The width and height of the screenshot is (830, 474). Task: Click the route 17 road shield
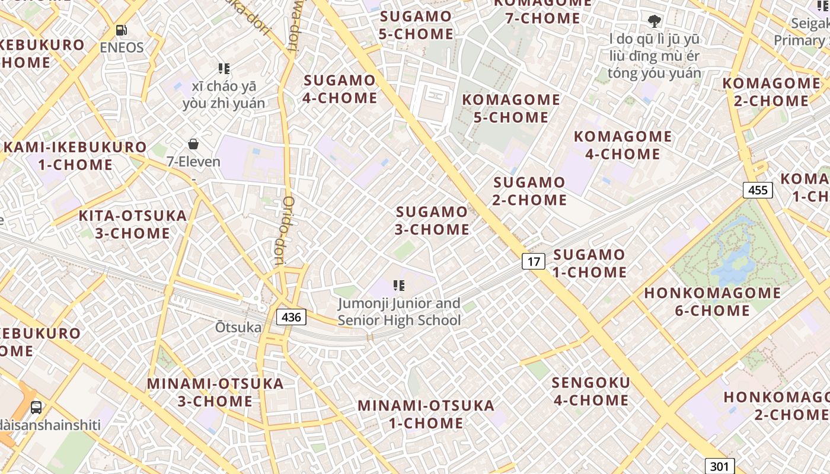pos(534,261)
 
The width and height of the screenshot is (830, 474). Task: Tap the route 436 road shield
pos(291,317)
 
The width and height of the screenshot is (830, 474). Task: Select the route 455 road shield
pos(758,190)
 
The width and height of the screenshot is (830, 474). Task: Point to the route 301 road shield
pos(720,466)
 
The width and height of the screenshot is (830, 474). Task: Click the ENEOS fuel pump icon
pos(121,30)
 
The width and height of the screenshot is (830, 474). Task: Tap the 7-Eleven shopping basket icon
pos(193,144)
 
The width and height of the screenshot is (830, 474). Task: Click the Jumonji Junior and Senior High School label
pos(399,312)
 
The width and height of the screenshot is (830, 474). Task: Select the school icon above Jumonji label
pos(399,286)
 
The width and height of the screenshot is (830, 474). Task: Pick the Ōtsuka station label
pos(238,327)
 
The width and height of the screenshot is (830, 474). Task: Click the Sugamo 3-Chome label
pos(432,220)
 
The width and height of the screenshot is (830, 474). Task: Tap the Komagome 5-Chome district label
pos(510,108)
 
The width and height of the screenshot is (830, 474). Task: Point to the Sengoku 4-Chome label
pos(590,391)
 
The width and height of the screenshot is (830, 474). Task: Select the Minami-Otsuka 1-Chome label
pos(426,414)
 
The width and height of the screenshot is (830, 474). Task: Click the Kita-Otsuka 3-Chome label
pos(133,224)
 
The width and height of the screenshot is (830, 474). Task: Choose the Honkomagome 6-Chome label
pos(713,302)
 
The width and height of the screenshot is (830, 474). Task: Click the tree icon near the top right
pos(654,22)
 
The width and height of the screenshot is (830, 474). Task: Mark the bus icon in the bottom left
pos(36,407)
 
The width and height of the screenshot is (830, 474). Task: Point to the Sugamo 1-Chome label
pos(589,264)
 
